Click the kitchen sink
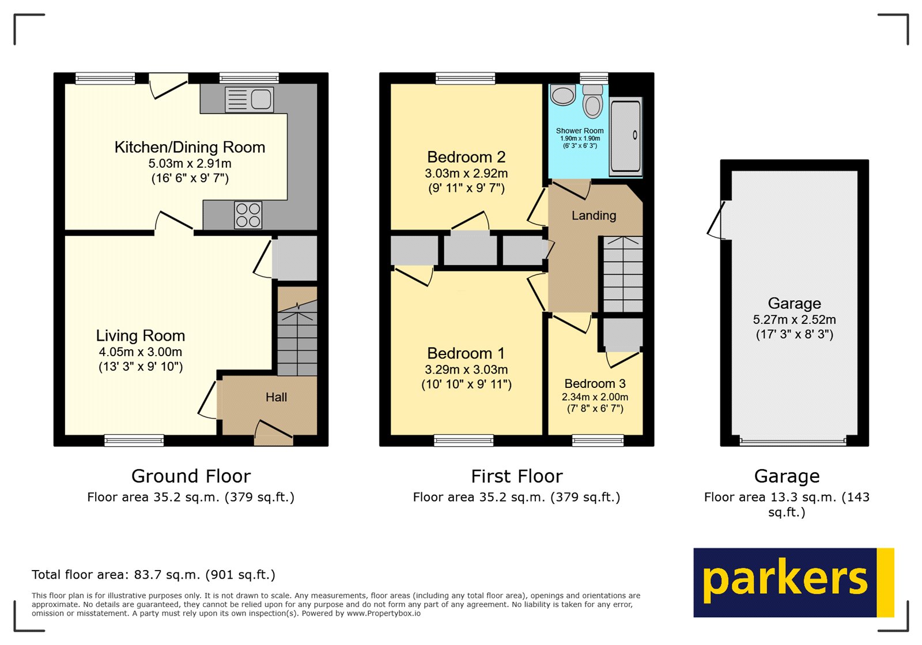(x=250, y=99)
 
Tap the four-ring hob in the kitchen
(x=248, y=215)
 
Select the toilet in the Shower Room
(x=592, y=101)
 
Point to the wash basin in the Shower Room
(x=563, y=95)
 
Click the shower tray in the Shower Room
(x=626, y=136)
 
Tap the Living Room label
(x=140, y=335)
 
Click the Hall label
(x=276, y=397)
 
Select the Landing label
(x=594, y=216)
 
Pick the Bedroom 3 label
(x=595, y=383)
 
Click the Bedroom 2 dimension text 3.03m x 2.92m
(x=466, y=173)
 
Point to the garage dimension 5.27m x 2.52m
(x=794, y=319)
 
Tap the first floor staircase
(x=623, y=274)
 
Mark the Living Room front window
(x=134, y=441)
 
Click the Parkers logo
(x=793, y=582)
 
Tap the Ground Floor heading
(x=191, y=476)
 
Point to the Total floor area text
(x=153, y=575)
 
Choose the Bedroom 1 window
(x=464, y=441)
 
